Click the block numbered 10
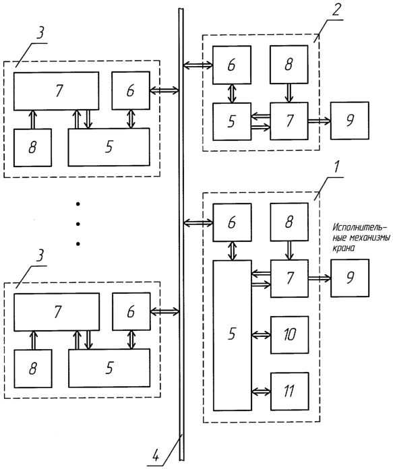[289, 335]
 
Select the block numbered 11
[289, 392]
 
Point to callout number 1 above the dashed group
[336, 168]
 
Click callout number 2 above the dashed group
[336, 10]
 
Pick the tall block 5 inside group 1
[233, 335]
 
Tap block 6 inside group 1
[232, 222]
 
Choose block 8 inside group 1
[289, 222]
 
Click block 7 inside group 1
[289, 278]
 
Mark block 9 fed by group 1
[350, 278]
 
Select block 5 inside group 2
[232, 121]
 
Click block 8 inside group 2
[289, 64]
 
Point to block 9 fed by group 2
[350, 121]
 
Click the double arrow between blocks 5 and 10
[262, 335]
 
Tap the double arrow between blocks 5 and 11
[262, 392]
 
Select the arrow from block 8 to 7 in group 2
[289, 93]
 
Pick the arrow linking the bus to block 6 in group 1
[198, 222]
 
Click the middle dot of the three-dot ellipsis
[78, 224]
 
